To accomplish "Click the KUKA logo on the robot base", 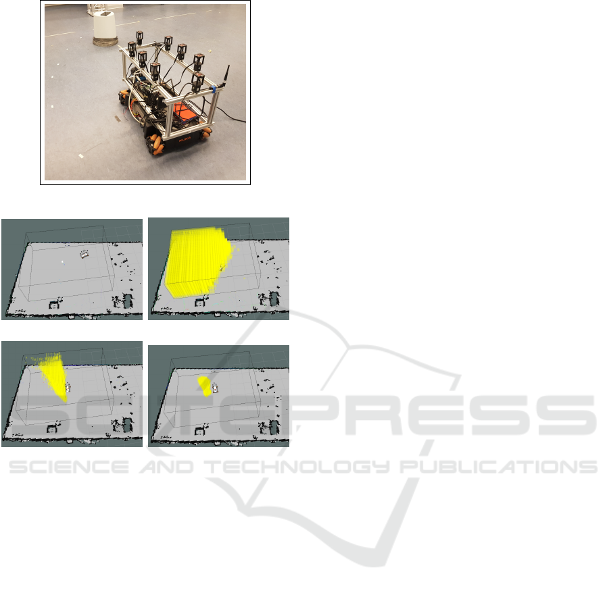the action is [185, 139].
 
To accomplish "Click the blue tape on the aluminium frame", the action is [214, 90].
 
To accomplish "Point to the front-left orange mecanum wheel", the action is [157, 145].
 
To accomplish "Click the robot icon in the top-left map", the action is [84, 254].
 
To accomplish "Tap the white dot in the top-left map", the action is [63, 262].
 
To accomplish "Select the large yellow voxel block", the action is [198, 262].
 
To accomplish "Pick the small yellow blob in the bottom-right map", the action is [205, 386].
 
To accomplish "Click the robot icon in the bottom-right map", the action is [215, 388].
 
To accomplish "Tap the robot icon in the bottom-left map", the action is [68, 388].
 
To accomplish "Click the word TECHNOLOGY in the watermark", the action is [297, 467].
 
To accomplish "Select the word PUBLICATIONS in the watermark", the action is [498, 467].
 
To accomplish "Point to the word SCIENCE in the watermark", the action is [69, 467].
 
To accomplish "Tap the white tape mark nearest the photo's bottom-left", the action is [81, 156].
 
